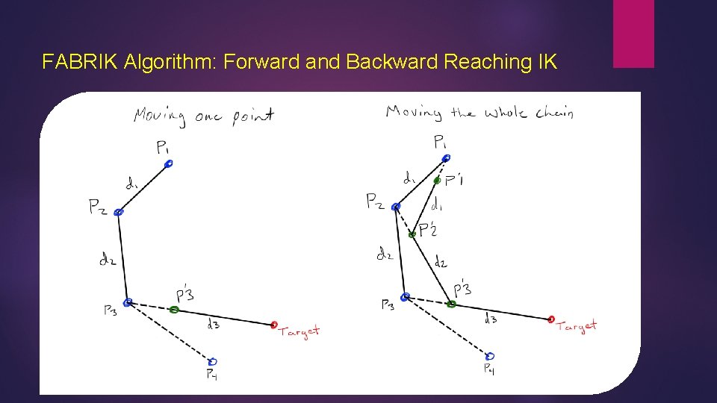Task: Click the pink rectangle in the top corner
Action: (633, 34)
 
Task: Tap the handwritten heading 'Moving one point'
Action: (204, 116)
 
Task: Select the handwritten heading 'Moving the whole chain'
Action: (479, 113)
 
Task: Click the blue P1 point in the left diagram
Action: (169, 163)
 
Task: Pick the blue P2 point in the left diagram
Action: (118, 213)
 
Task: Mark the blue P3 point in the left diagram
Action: (128, 302)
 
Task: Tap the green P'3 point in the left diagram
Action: (174, 309)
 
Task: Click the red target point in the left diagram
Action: (274, 325)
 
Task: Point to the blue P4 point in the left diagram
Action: (213, 361)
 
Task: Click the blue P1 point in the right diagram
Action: (446, 158)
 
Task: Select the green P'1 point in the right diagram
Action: (437, 180)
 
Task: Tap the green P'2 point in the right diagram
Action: (412, 234)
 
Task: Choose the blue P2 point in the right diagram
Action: (396, 207)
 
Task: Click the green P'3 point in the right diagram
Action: (451, 304)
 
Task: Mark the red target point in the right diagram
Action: (551, 319)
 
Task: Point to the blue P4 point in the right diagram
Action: (490, 355)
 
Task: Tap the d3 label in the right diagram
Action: (491, 319)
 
